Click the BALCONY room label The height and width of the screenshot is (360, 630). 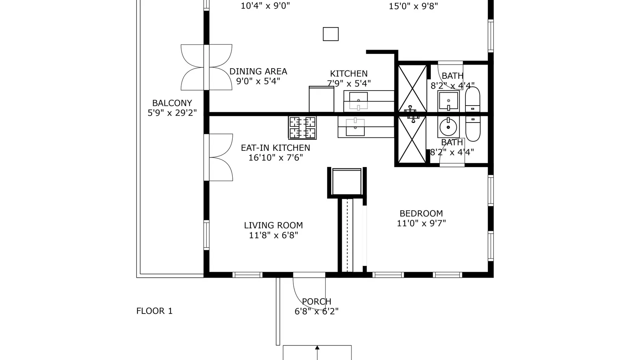click(x=172, y=103)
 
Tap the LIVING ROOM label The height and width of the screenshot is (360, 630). click(x=273, y=225)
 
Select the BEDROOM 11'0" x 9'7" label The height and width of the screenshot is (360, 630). click(x=421, y=218)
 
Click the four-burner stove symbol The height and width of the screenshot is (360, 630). click(x=302, y=128)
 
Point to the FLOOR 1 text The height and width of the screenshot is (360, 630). click(x=154, y=311)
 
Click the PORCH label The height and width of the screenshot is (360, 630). click(x=317, y=301)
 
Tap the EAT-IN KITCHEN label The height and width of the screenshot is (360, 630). click(x=275, y=148)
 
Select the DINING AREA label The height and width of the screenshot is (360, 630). click(x=258, y=71)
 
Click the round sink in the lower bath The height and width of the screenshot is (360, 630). click(x=448, y=127)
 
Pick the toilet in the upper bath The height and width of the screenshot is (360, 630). click(x=473, y=100)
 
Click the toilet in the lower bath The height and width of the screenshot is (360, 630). click(x=473, y=128)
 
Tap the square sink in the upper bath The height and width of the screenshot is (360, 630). click(x=448, y=101)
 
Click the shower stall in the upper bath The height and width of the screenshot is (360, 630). click(x=412, y=88)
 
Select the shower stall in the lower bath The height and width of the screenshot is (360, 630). click(x=412, y=139)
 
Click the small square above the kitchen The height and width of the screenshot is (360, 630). click(x=331, y=34)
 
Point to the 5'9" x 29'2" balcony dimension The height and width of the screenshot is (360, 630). click(x=172, y=113)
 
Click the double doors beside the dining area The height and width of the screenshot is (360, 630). click(x=206, y=67)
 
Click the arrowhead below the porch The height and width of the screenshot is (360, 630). click(x=317, y=348)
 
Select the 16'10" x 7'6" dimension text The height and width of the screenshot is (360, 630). click(x=276, y=158)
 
